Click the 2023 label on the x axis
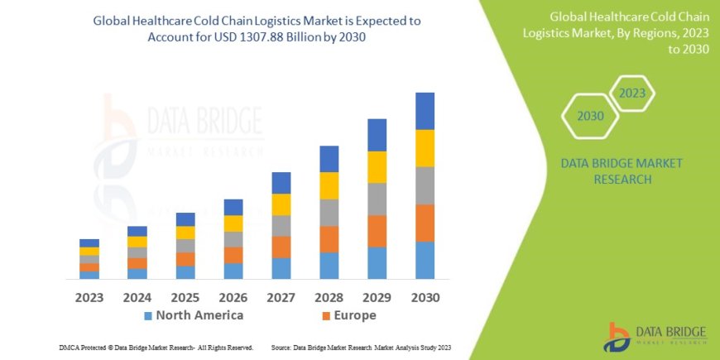point(89,297)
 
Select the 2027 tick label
point(281,297)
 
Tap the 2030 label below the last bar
point(425,297)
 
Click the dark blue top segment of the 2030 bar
point(425,111)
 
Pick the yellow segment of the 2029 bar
point(377,167)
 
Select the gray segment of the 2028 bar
point(329,213)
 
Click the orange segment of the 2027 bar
point(281,247)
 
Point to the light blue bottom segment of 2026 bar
point(233,271)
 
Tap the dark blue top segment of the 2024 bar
point(137,232)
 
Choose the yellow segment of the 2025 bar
point(185,233)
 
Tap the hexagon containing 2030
point(590,117)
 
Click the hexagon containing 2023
point(631,94)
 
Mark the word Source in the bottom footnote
point(282,348)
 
